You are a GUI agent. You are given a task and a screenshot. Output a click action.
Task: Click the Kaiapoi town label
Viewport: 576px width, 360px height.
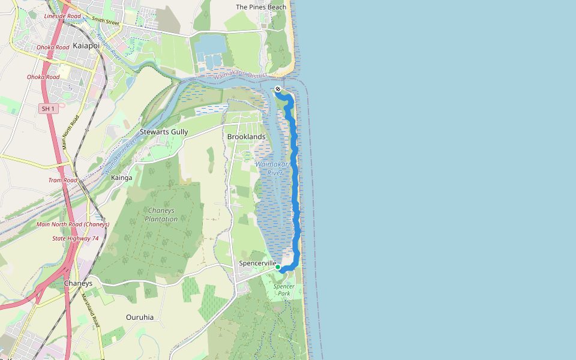click(86, 46)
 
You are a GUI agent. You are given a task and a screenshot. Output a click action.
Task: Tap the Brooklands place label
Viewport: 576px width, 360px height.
click(246, 137)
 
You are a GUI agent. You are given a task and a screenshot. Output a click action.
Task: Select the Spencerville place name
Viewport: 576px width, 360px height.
click(257, 263)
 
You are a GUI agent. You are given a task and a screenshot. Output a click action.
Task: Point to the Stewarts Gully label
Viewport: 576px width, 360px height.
click(164, 132)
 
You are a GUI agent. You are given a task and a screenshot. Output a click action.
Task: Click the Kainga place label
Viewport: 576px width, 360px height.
click(122, 178)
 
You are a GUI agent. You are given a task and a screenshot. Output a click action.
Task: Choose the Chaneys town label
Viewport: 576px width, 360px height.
click(78, 283)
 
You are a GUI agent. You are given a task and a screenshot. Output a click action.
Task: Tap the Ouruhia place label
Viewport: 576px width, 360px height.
click(140, 317)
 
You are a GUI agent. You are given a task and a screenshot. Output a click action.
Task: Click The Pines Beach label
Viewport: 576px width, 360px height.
click(261, 7)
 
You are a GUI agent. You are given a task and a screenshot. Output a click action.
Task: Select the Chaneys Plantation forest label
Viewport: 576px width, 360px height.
click(161, 215)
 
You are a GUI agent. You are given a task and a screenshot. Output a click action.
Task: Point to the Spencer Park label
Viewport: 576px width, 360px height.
click(284, 290)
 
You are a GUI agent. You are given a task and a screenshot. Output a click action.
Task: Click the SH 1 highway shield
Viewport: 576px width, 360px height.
click(48, 109)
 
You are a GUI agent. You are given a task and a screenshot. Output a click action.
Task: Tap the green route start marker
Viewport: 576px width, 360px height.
click(278, 268)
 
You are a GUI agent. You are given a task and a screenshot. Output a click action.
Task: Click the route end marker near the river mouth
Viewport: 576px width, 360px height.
click(278, 89)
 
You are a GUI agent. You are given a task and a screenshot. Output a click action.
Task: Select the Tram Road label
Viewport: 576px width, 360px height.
click(63, 180)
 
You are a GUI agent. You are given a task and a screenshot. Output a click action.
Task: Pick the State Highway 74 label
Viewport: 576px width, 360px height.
click(75, 238)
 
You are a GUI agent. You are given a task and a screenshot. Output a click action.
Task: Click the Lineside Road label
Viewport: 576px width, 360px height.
click(62, 16)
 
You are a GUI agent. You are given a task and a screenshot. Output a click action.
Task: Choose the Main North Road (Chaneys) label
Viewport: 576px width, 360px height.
click(73, 224)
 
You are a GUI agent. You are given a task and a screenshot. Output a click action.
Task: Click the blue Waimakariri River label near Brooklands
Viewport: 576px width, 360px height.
click(273, 168)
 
